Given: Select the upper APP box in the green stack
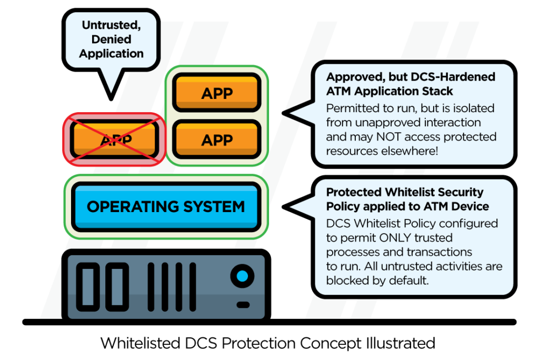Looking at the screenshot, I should pos(217,93).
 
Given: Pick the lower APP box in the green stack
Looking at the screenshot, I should pos(217,140).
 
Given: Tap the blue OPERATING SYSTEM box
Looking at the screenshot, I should pos(166,206).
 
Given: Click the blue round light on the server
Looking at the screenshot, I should pos(242,276).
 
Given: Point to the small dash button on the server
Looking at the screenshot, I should pos(243,305).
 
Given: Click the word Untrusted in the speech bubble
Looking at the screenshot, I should pos(112,25).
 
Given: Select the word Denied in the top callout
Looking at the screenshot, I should pos(112,39).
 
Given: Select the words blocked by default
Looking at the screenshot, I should pos(377,281).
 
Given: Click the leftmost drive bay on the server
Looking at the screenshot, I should pos(88,286).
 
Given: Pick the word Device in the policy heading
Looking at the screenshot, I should pos(470,206).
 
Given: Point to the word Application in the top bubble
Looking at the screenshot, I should pos(112,53).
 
